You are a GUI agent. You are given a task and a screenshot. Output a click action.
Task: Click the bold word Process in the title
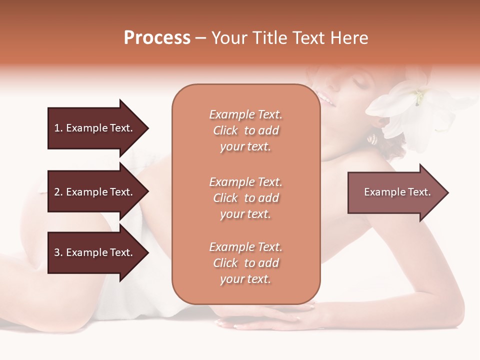[157, 38]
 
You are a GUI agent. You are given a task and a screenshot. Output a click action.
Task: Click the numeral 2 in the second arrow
[57, 192]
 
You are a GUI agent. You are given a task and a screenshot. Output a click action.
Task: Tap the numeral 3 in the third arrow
[57, 252]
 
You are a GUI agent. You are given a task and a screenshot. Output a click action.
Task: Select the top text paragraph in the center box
[245, 130]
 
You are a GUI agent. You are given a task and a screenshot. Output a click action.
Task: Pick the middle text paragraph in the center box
[245, 198]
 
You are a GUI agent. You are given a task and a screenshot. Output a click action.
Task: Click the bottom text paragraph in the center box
[245, 263]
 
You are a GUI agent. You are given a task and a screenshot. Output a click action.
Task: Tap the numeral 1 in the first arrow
[56, 128]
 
